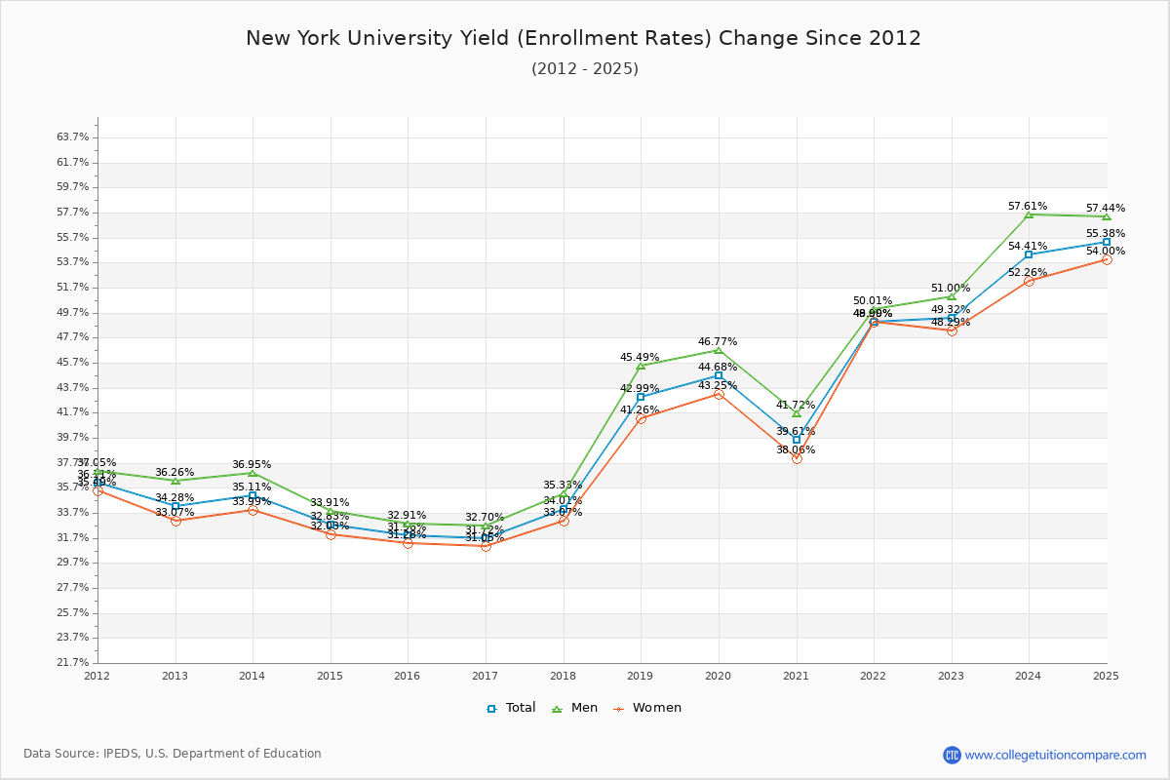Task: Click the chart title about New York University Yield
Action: tap(583, 39)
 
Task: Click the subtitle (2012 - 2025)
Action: tap(585, 69)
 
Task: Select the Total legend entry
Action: tap(511, 708)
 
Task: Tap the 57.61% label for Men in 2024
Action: tap(1028, 207)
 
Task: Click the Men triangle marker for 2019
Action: tap(641, 366)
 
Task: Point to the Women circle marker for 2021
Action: tap(797, 458)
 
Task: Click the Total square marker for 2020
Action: tap(719, 375)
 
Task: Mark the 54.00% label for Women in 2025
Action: tap(1106, 251)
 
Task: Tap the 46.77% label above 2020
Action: tap(718, 342)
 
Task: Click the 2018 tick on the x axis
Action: tap(563, 675)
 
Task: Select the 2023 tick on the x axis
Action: tap(951, 675)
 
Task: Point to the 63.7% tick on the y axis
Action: tap(73, 137)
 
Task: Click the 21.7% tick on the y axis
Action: tap(73, 663)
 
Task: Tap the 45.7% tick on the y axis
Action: tap(73, 363)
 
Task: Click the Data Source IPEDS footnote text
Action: tap(173, 754)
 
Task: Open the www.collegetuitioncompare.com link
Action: tap(1055, 755)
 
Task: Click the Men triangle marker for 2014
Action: tap(253, 474)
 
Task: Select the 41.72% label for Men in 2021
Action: tap(796, 405)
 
